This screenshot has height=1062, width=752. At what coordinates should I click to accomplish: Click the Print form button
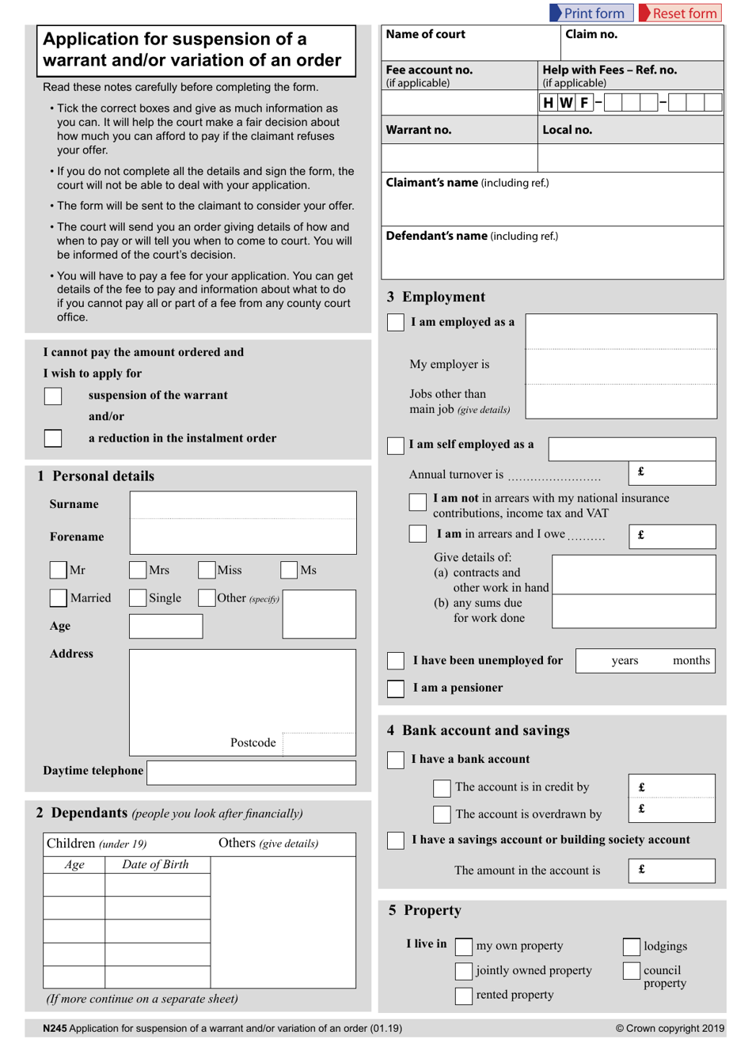coord(591,13)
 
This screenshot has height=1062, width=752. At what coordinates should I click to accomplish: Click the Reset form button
coord(680,13)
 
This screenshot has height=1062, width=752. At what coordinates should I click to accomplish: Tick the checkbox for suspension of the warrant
coord(53,396)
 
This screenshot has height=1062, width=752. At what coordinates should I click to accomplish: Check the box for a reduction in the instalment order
coord(53,438)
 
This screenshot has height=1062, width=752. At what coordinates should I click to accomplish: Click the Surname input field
coord(242,505)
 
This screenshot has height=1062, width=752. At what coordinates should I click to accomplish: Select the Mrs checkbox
coord(138,570)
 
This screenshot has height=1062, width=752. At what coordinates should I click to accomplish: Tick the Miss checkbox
coord(207,570)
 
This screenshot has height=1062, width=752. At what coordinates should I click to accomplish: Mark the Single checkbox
coord(138,597)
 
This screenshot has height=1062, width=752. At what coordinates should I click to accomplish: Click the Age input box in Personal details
coord(165,626)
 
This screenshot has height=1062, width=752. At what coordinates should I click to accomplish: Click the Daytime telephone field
coord(251,772)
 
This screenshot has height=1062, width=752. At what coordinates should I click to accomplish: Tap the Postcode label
coord(253,742)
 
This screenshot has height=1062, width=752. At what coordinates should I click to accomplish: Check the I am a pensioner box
coord(396,688)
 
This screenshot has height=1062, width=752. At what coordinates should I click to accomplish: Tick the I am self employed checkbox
coord(396,446)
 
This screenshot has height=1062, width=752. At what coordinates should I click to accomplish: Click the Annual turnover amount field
coord(672,472)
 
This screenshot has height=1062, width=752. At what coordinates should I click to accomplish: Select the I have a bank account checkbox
coord(396,760)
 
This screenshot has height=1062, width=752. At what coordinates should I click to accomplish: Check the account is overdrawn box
coord(442,814)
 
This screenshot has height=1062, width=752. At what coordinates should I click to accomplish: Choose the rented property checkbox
coord(464,996)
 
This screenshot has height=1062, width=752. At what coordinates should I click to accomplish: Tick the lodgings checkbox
coord(631,946)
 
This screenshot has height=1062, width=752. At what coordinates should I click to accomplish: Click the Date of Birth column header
coord(155,864)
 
